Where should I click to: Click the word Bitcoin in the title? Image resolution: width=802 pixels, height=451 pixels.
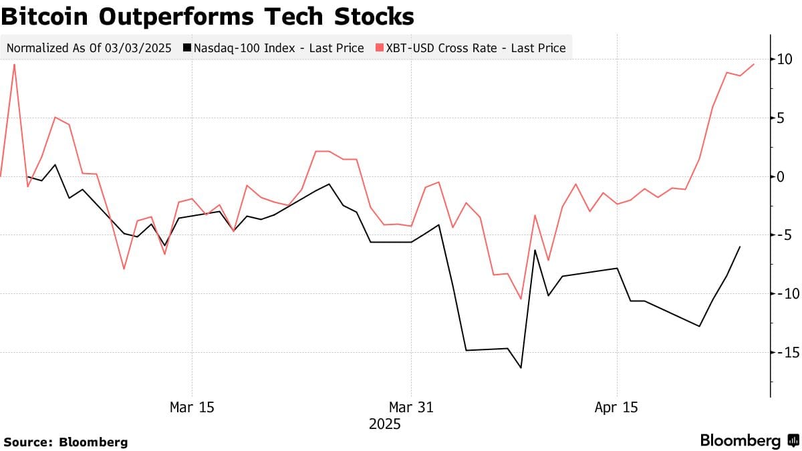[x=47, y=16]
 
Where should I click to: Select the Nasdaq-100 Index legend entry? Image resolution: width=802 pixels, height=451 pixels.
[x=278, y=48]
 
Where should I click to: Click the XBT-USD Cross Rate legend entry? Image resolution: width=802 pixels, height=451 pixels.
[x=471, y=48]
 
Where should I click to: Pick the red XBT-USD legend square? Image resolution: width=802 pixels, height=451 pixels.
[x=379, y=48]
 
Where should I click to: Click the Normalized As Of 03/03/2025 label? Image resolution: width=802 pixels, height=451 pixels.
[x=90, y=48]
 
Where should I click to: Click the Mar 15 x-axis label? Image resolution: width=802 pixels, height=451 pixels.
[x=192, y=407]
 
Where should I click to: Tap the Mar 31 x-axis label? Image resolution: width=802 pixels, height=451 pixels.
[x=411, y=407]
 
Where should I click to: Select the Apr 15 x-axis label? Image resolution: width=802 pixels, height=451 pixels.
[x=616, y=407]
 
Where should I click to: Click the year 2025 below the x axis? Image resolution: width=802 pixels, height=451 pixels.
[x=384, y=424]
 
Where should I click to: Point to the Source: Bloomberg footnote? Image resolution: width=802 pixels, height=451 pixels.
[x=65, y=442]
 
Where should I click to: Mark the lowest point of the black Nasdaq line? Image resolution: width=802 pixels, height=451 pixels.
[x=521, y=367]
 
